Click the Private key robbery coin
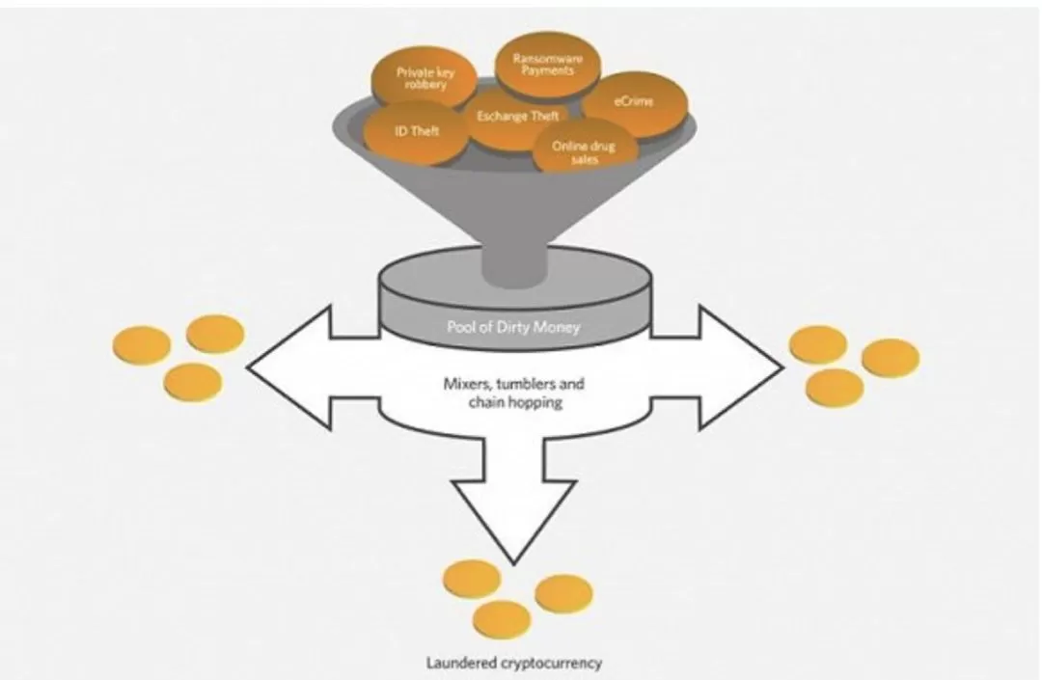coord(424,79)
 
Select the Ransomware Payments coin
coord(548,65)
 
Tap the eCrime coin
coord(635,103)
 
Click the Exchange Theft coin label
coord(518,116)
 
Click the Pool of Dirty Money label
coord(513,327)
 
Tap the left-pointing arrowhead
coord(289,367)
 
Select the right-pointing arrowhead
coord(741,367)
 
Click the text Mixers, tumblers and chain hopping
coord(514,393)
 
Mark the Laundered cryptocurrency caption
coord(514,662)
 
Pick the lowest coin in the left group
coord(193,383)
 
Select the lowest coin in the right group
coord(836,388)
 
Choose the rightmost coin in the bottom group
coord(563,593)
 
